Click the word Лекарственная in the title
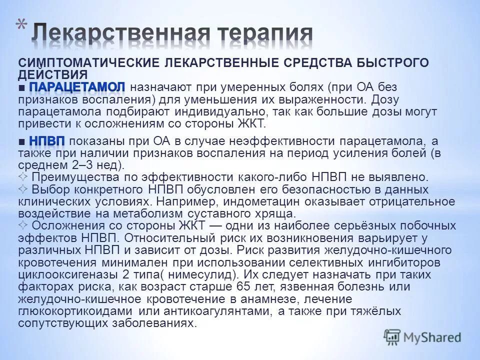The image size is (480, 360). pos(124,34)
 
